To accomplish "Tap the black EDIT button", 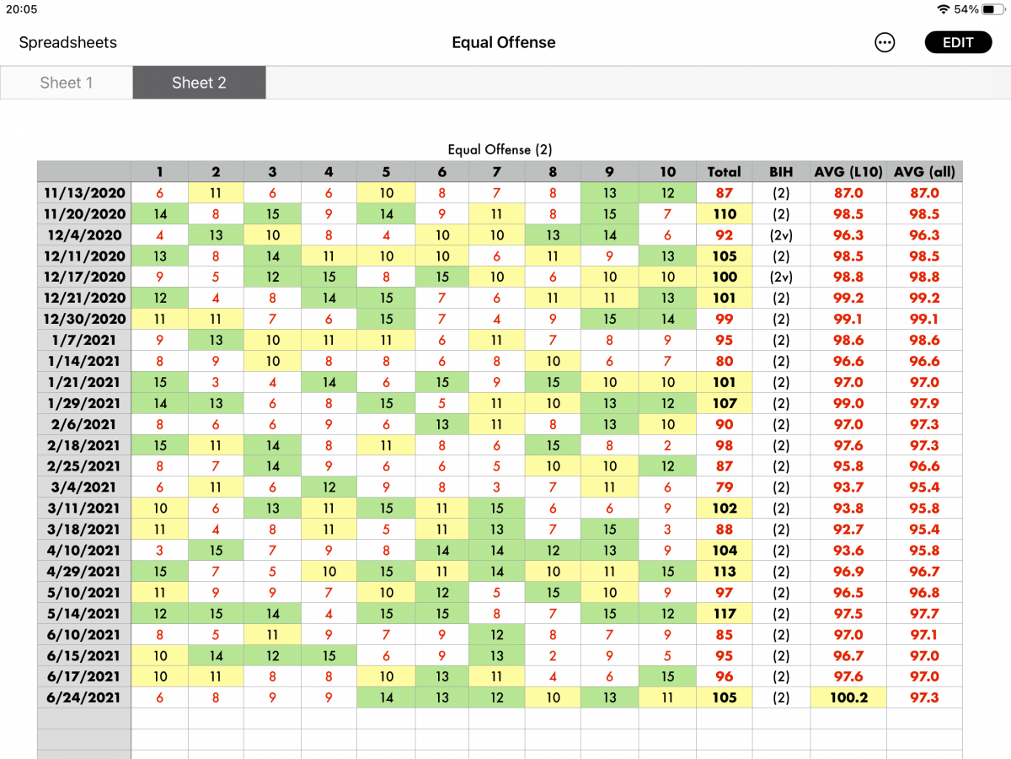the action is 958,42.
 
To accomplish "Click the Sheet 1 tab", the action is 67,83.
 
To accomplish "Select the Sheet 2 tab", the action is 199,83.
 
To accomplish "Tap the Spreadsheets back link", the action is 67,42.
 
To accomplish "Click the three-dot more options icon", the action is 885,42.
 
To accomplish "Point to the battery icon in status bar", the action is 993,9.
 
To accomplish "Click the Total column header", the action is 724,172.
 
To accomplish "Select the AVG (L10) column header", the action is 848,172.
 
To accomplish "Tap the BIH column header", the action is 781,172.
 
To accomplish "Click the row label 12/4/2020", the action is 84,235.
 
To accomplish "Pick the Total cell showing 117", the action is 724,613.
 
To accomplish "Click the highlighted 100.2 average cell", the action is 848,697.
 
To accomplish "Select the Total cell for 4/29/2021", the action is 724,572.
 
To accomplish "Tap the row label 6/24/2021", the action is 84,697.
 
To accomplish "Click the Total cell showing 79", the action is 724,487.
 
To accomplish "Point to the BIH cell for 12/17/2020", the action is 781,277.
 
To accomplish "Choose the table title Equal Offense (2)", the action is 500,150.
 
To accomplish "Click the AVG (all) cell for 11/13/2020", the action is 924,192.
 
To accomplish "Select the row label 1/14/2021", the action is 84,361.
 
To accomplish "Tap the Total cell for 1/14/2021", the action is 724,361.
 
